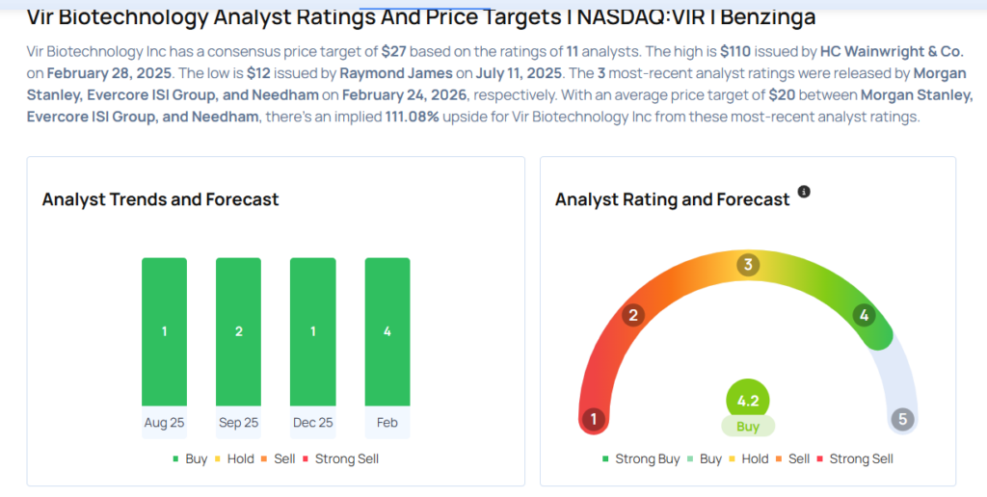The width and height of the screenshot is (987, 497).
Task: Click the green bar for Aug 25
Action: coord(164,331)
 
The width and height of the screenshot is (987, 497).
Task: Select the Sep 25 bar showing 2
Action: coord(238,331)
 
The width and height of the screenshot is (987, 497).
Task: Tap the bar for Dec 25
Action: coord(312,331)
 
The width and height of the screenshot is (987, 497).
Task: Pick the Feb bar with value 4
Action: coord(387,331)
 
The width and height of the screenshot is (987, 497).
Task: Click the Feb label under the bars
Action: coord(387,423)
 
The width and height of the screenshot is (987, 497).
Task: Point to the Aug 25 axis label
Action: coord(164,423)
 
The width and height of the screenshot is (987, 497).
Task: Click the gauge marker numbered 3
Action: coord(747,266)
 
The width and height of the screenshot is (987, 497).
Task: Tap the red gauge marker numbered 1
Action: coord(594,419)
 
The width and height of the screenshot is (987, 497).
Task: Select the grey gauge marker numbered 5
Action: coord(902,419)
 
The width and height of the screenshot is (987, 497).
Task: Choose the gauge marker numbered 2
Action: coord(633,315)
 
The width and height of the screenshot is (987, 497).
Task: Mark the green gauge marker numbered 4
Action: coord(865,315)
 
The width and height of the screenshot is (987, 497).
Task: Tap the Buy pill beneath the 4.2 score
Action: coord(748,427)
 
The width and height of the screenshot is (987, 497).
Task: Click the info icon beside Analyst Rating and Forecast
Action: coord(804,192)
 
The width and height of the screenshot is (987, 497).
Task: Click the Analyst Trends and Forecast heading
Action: coord(160,199)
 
